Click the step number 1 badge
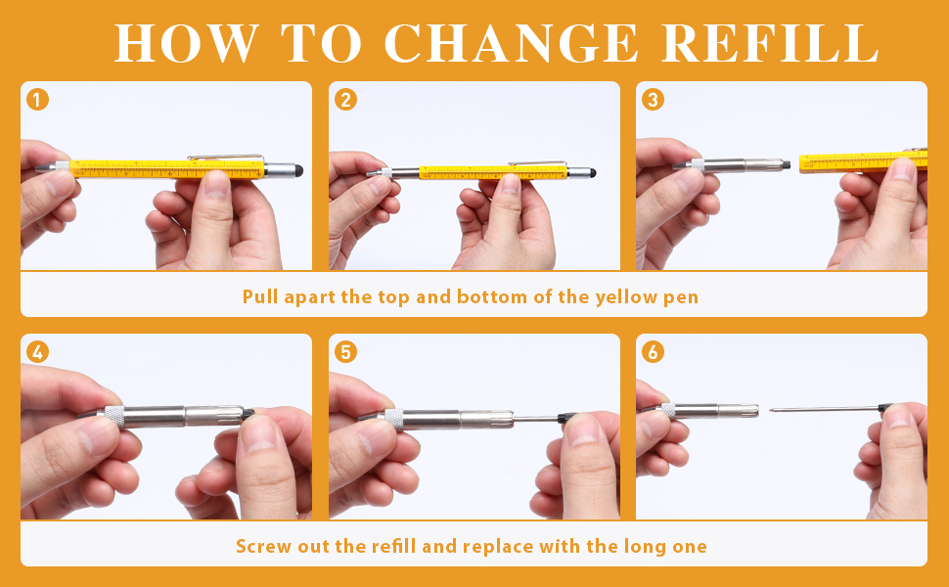pos(37,99)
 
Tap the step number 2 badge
pos(345,99)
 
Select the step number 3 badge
pos(653,99)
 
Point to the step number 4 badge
pos(37,351)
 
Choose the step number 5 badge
pos(345,351)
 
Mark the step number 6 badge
pos(653,351)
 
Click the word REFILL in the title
pos(770,44)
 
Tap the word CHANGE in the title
pos(512,44)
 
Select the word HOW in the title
pos(187,44)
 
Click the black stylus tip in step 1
pos(297,170)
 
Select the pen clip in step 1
pos(225,158)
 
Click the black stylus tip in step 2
pos(592,173)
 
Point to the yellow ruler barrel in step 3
pos(863,161)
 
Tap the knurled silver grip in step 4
pos(114,417)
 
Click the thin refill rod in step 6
pos(824,409)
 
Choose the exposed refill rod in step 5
pos(536,418)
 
